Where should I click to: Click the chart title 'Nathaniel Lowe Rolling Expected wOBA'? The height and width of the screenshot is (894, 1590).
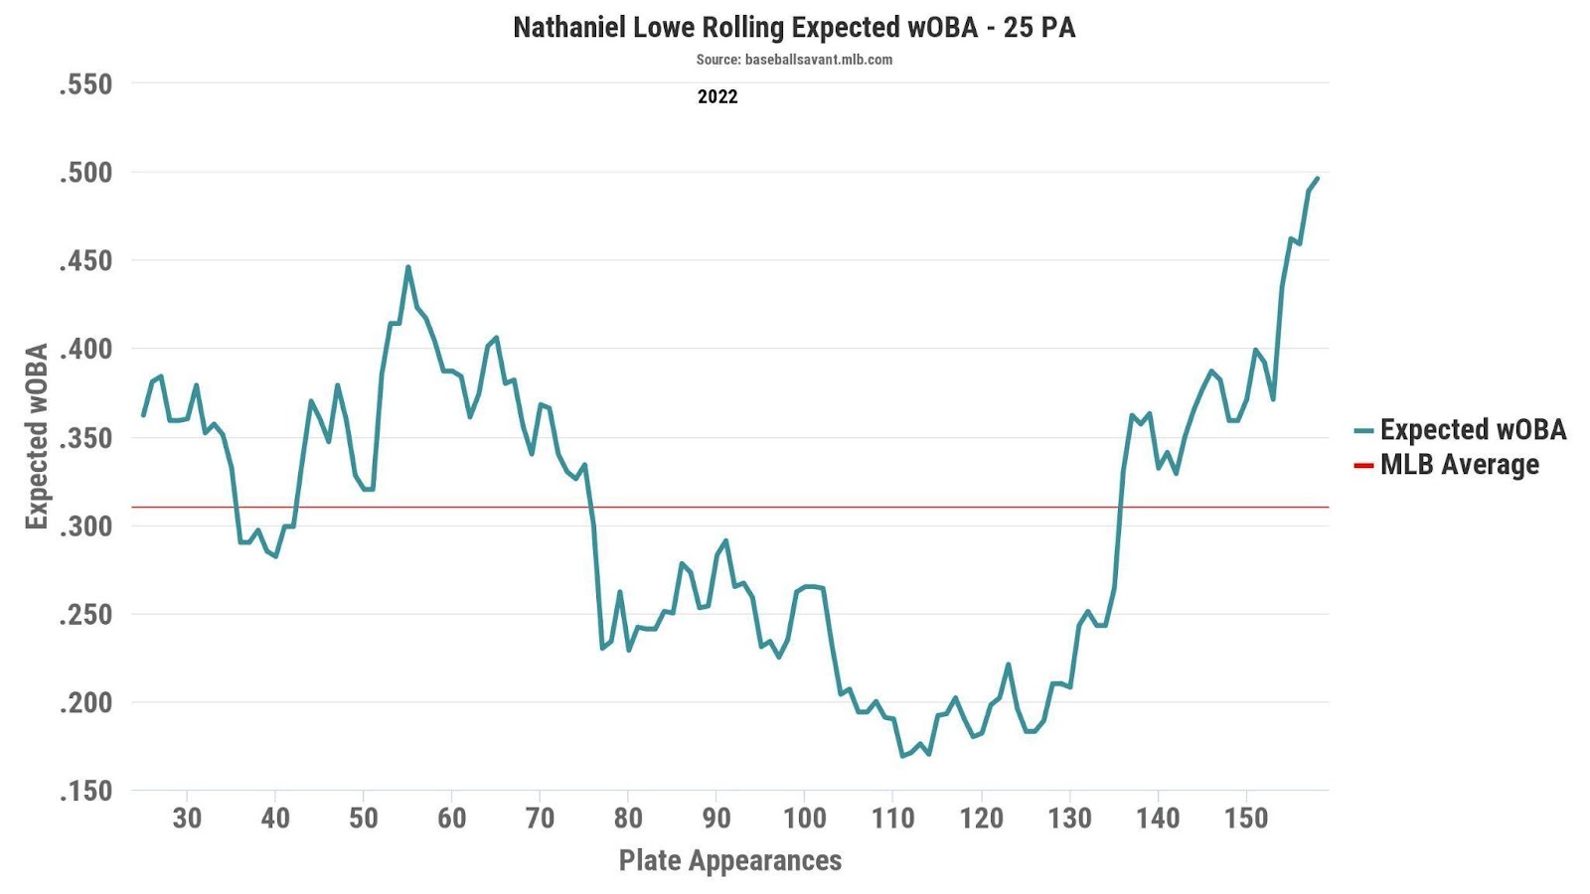click(794, 27)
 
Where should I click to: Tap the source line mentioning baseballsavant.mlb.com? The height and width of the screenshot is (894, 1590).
click(794, 60)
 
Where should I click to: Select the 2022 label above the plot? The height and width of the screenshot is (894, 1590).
click(717, 96)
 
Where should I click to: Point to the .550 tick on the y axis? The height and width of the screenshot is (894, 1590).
click(85, 84)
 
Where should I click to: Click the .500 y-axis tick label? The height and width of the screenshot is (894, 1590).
click(85, 173)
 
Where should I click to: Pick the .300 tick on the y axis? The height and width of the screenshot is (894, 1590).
click(85, 526)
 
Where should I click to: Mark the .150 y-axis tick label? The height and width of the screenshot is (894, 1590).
click(85, 792)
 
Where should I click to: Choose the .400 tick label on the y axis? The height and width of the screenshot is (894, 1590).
click(85, 350)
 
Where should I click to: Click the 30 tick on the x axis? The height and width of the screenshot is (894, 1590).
click(187, 819)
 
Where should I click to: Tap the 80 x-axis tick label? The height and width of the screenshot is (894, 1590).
click(628, 819)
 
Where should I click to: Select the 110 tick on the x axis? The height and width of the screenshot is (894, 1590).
click(892, 819)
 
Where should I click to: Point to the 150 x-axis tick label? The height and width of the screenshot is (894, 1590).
click(1246, 819)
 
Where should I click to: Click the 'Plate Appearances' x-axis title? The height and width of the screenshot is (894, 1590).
click(730, 860)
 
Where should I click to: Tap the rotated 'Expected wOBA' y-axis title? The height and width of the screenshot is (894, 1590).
click(37, 437)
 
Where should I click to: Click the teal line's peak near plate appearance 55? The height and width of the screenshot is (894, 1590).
click(407, 266)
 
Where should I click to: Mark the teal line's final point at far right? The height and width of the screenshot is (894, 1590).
click(1318, 179)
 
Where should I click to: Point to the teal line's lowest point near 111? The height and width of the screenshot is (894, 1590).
click(902, 757)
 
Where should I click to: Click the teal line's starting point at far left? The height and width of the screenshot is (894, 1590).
click(143, 415)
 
